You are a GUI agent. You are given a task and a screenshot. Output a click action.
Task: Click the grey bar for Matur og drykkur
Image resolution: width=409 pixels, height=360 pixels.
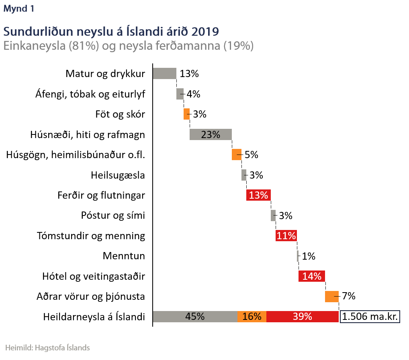pos(165,73)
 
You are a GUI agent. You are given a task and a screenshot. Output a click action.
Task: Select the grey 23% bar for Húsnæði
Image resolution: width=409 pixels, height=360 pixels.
pos(211,134)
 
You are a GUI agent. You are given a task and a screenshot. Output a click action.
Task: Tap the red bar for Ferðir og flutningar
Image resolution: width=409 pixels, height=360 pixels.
pos(258,195)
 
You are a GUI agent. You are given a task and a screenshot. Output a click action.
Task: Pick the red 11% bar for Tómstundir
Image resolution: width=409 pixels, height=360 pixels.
pos(286,236)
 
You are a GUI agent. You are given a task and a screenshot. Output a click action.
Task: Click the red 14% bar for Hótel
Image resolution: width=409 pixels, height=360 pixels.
pos(312,276)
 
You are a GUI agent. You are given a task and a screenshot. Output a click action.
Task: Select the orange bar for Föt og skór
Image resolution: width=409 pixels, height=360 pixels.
pos(186,114)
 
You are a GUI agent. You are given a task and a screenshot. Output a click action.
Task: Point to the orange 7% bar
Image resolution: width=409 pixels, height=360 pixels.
pos(332,297)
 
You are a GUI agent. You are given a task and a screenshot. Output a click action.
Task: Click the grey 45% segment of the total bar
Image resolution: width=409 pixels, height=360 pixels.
pos(195,317)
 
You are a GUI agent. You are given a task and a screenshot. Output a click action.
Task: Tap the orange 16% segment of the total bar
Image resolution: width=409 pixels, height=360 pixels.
pos(252,317)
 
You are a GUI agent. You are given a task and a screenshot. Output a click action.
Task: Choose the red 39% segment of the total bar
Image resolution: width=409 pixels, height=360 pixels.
pos(303,317)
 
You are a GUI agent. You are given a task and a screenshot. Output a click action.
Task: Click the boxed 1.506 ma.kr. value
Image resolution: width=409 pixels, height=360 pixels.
pos(370,317)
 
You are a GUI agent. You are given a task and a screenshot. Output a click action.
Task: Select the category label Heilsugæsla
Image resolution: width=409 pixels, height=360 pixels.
pos(118,175)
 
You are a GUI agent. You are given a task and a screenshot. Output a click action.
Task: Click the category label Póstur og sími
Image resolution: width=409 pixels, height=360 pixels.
pos(113,216)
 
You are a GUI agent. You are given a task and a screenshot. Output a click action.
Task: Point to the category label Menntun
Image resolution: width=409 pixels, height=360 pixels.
pos(124,256)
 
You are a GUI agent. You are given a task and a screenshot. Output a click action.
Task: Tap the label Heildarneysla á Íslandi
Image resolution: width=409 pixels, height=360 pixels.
pos(94,317)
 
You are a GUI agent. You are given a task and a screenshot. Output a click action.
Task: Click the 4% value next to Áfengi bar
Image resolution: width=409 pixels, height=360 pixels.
pos(193,94)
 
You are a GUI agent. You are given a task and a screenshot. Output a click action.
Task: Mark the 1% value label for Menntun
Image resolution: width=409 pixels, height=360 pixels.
pos(309,256)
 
